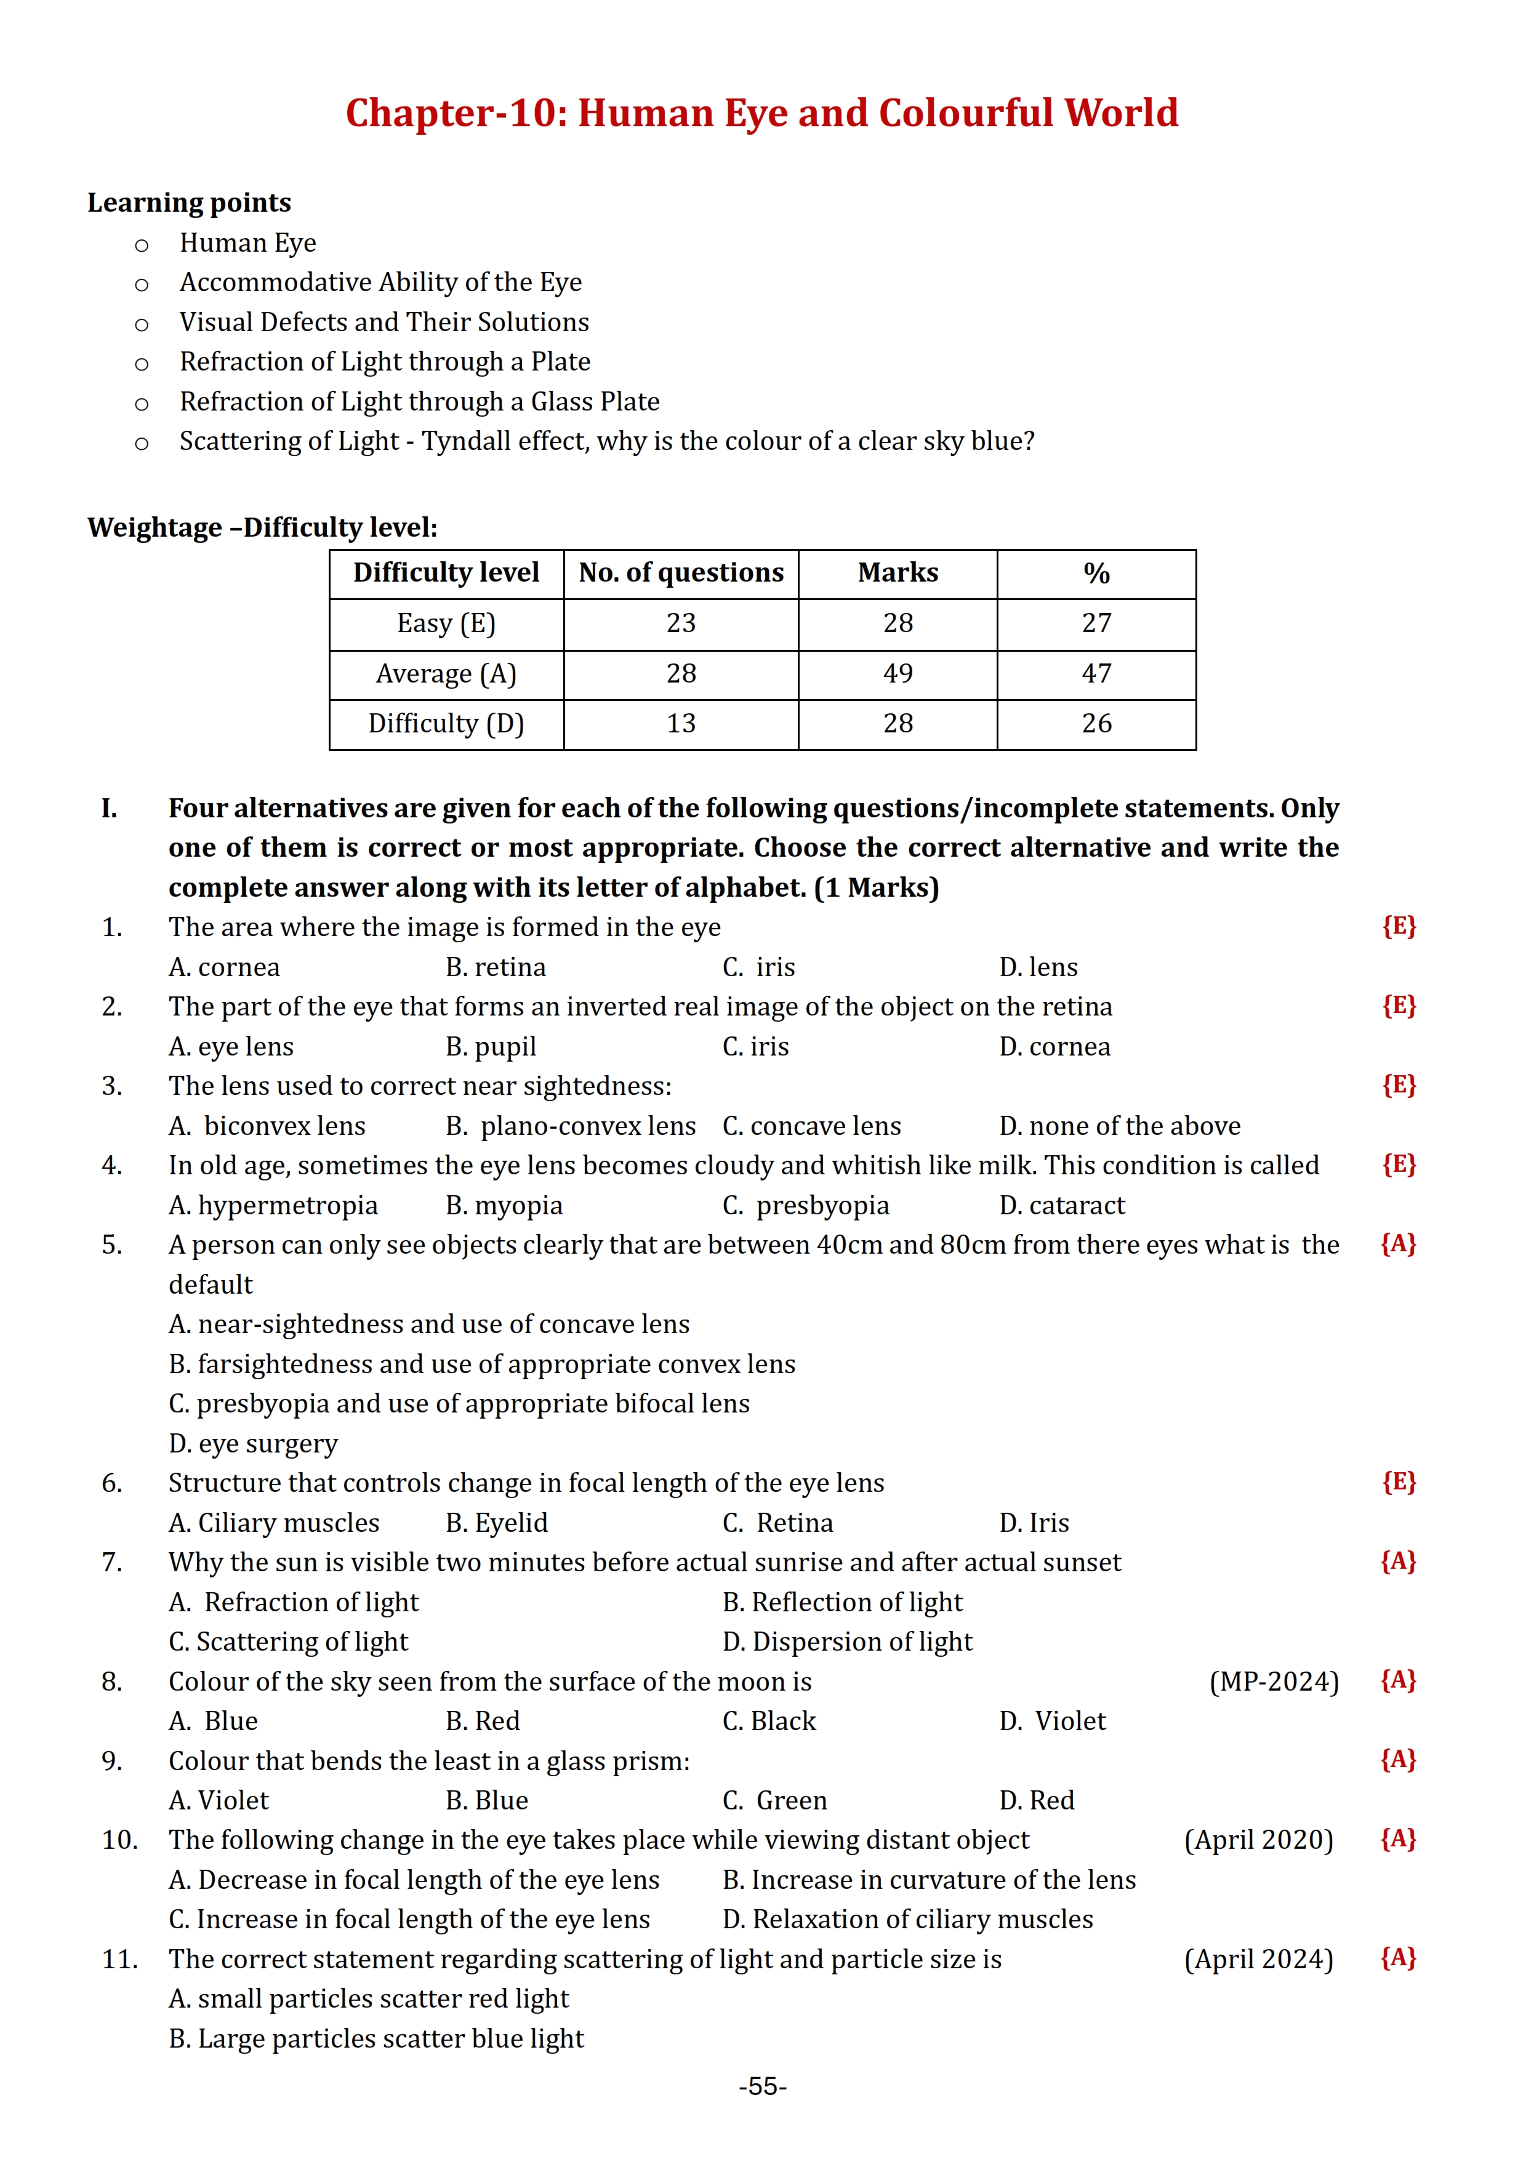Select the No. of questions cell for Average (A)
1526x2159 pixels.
pyautogui.click(x=681, y=673)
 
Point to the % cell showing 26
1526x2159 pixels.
pyautogui.click(x=1096, y=723)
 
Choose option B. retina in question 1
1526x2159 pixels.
pyautogui.click(x=496, y=967)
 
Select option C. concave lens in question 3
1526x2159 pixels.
pyautogui.click(x=811, y=1126)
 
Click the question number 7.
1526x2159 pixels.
pyautogui.click(x=112, y=1562)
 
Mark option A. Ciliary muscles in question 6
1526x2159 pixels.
pyautogui.click(x=273, y=1523)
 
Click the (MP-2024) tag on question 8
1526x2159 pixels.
pyautogui.click(x=1273, y=1681)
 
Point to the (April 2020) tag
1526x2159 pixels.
pyautogui.click(x=1258, y=1840)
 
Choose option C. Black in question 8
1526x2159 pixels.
pyautogui.click(x=769, y=1721)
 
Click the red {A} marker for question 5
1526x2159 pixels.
pyautogui.click(x=1398, y=1244)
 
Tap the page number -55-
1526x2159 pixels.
pyautogui.click(x=763, y=2086)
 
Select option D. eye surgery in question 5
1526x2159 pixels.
pyautogui.click(x=253, y=1443)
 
